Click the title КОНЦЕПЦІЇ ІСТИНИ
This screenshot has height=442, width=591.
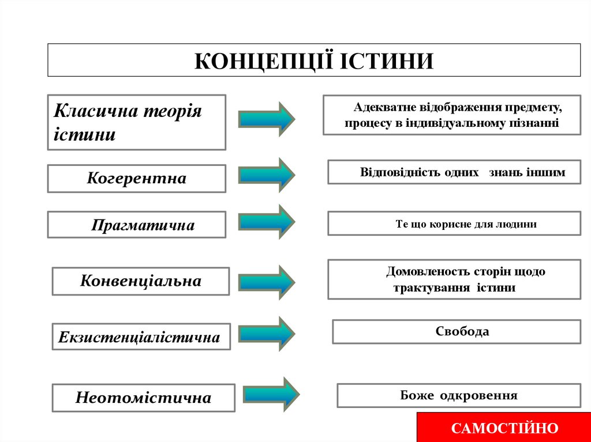tap(313, 60)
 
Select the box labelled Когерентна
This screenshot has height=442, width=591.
tap(137, 179)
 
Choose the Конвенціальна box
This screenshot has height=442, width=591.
tap(141, 281)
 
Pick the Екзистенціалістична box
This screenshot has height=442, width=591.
tap(139, 337)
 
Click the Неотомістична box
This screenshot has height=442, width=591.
tap(143, 398)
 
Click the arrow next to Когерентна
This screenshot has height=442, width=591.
tap(267, 175)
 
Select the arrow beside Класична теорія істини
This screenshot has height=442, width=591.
tap(267, 119)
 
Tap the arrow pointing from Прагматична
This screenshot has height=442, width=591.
tap(267, 221)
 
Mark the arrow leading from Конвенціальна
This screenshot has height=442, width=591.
tap(267, 282)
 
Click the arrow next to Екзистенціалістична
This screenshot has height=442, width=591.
tap(267, 334)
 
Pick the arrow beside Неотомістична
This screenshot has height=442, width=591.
tap(271, 394)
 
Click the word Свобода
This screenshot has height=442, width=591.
tap(462, 332)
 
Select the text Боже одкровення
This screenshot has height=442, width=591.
tap(459, 396)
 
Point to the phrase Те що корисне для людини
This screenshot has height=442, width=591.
tap(466, 224)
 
